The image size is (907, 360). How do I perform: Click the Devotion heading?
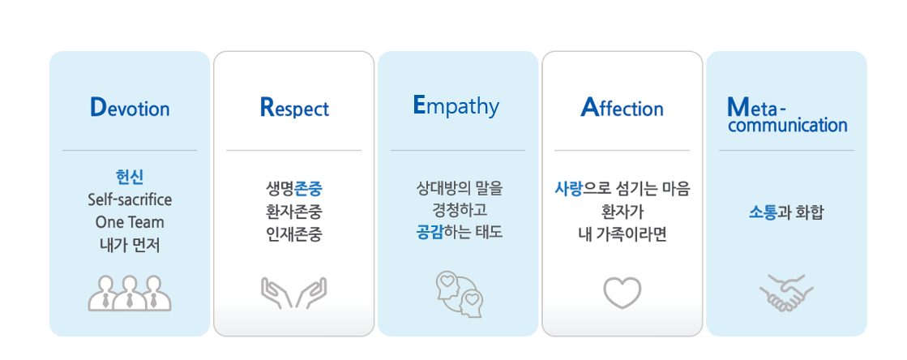(130, 108)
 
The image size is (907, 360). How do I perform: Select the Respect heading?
(294, 108)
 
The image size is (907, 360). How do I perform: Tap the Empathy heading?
(456, 107)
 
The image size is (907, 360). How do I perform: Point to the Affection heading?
(622, 108)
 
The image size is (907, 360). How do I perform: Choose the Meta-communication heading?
(787, 115)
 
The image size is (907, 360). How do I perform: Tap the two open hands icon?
(294, 292)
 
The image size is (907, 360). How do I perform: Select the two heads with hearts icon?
(459, 294)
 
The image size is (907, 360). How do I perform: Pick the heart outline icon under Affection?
(622, 292)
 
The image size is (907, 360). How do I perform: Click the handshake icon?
(787, 293)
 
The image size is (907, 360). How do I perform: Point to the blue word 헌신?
(130, 177)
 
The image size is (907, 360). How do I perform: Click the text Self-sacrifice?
(130, 200)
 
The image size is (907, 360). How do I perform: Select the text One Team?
(130, 223)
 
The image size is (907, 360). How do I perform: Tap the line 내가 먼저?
(130, 246)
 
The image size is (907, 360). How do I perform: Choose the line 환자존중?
(294, 212)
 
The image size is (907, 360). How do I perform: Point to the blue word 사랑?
(568, 189)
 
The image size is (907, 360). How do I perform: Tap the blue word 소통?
(763, 212)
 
